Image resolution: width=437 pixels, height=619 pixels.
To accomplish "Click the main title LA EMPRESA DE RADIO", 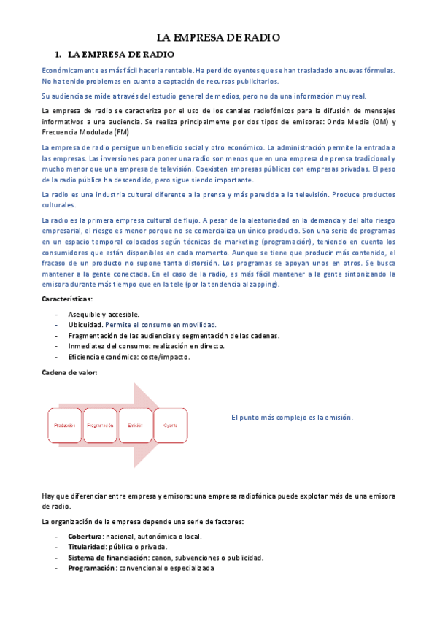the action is pos(218,37).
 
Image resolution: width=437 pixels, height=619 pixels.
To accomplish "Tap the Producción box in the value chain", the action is pos(63,424).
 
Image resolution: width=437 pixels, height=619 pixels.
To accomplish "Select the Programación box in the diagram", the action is pos(100,424).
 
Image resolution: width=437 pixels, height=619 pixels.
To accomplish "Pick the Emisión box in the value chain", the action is pos(135,424).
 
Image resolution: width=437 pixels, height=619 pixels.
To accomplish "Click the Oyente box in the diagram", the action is pos(170,424).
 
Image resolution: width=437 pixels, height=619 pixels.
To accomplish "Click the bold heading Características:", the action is pos(67,299).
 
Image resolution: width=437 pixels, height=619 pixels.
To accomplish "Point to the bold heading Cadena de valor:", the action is pos(69,372).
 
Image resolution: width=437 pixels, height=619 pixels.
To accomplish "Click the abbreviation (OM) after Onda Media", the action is pos(379,121).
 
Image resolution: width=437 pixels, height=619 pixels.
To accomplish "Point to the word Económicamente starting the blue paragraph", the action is pos(74,70).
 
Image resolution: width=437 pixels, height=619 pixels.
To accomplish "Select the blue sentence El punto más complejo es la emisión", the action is pos(292,417).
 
